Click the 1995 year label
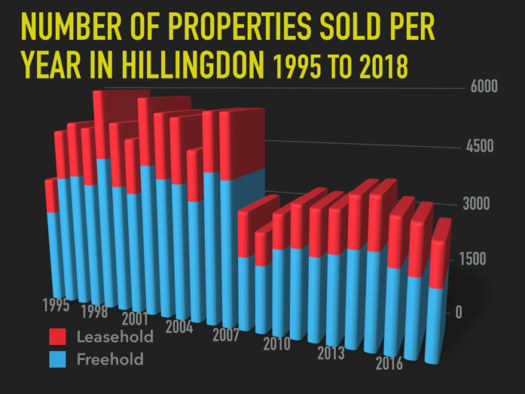pos(56,305)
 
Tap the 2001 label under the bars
pos(134,319)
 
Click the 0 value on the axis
pos(459,312)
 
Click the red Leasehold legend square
pos(59,336)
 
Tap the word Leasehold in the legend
pos(114,336)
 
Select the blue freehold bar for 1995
pos(52,252)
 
